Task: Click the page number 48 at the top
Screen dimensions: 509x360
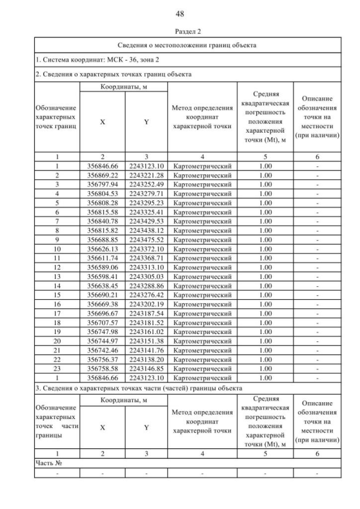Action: [180, 13]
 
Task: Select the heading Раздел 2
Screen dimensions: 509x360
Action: [180, 31]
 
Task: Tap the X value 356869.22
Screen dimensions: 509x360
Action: [102, 175]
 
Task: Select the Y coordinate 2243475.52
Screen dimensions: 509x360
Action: [146, 239]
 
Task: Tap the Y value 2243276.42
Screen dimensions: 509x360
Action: [146, 294]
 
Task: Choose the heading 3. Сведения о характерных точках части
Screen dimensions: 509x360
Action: [138, 388]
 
